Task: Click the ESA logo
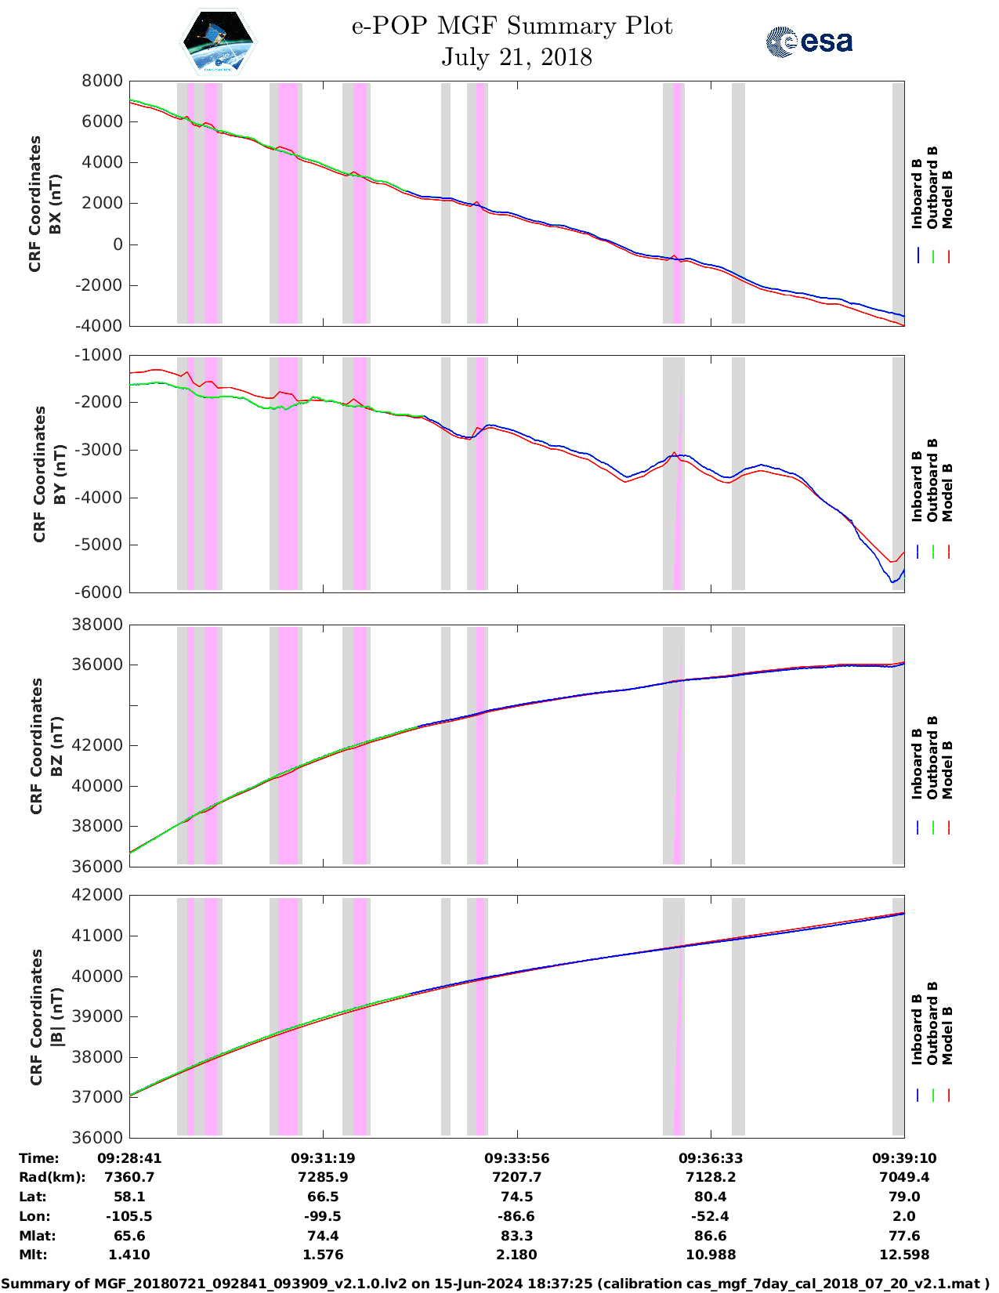(x=809, y=42)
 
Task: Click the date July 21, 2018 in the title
(x=516, y=57)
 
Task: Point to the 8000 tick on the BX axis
(x=102, y=81)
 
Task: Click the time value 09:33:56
(x=516, y=1158)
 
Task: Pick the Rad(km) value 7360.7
(x=129, y=1177)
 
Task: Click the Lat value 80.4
(x=711, y=1197)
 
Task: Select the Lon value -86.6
(x=516, y=1216)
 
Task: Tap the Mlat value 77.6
(x=904, y=1236)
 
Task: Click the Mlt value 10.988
(x=711, y=1255)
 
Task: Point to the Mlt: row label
(x=33, y=1255)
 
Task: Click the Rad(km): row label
(x=52, y=1177)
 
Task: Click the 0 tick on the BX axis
(x=118, y=244)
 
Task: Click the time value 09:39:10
(x=904, y=1158)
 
